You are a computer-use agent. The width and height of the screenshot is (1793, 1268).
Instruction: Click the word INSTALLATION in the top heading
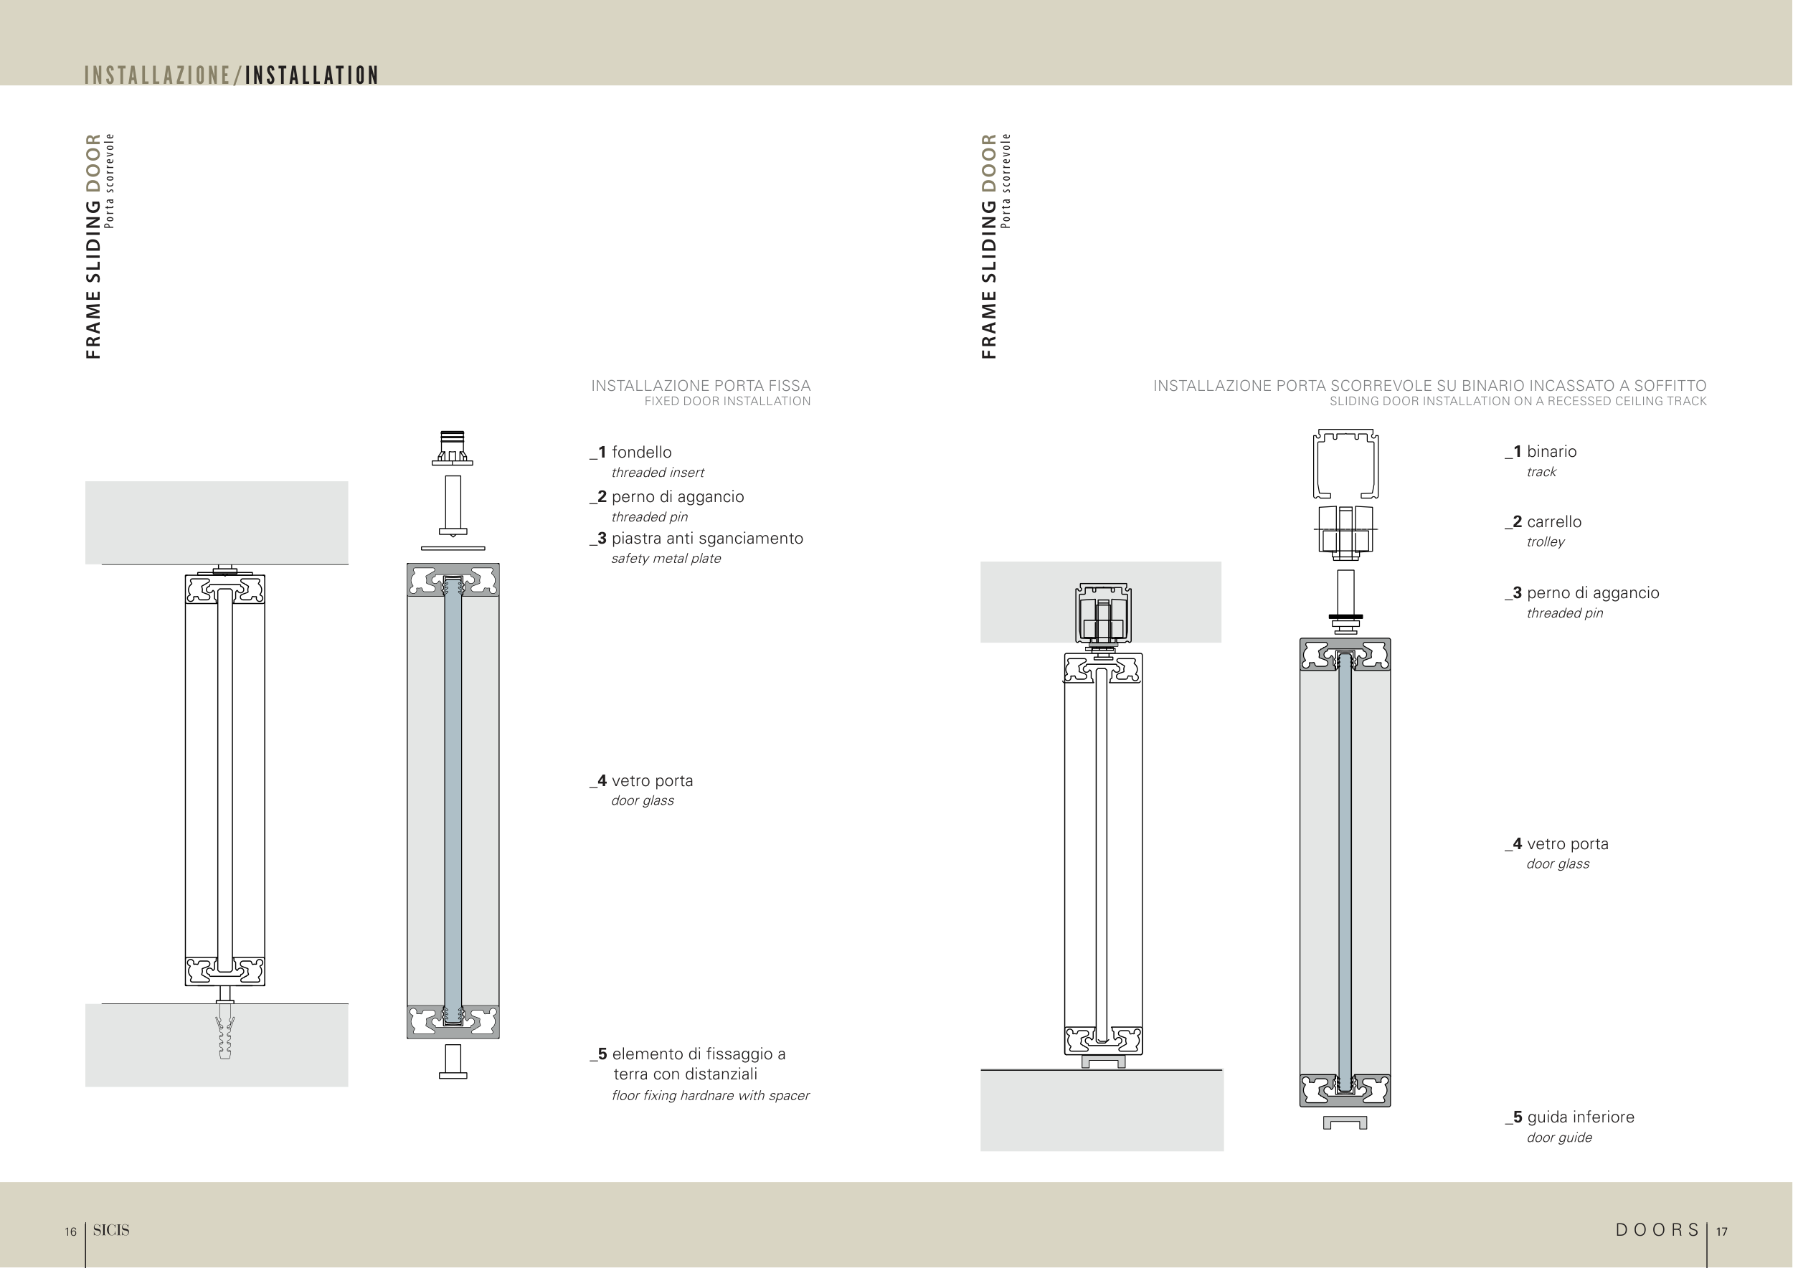pos(311,75)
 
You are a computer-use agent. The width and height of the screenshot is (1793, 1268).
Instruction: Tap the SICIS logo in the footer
pos(111,1230)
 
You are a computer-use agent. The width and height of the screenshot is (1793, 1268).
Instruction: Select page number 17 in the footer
pos(1721,1231)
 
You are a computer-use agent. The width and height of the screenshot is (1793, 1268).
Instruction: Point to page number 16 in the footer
pos(70,1231)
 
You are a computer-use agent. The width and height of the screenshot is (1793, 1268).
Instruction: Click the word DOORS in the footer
pos(1657,1230)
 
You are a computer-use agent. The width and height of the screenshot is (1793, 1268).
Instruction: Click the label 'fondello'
pos(641,452)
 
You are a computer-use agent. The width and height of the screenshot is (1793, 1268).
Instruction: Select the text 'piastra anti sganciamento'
pos(706,538)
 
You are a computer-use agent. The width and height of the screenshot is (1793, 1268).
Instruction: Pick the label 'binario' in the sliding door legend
pos(1552,451)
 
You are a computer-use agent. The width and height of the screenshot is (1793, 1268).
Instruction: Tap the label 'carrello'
pos(1554,521)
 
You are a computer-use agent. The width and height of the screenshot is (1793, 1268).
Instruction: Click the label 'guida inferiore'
pos(1581,1117)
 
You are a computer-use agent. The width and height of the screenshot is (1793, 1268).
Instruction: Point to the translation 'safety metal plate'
pos(666,558)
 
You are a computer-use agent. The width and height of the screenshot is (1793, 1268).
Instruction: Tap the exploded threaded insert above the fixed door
pos(452,448)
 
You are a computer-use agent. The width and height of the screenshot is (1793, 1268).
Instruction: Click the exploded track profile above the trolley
pos(1345,463)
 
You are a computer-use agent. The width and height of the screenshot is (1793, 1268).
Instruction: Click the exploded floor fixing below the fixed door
pos(453,1062)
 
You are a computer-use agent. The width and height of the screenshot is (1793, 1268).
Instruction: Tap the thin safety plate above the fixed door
pos(453,548)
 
